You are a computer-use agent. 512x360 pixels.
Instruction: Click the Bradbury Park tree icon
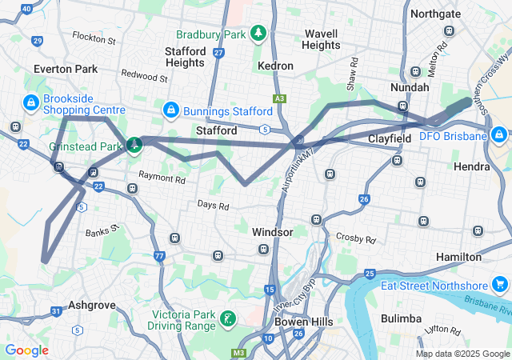(x=258, y=33)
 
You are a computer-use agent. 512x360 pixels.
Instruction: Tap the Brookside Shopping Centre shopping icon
(x=30, y=102)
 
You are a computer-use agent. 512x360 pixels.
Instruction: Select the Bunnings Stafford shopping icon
(x=170, y=108)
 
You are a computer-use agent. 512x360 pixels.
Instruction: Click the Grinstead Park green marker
(x=134, y=145)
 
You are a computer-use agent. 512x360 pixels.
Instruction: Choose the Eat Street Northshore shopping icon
(x=499, y=285)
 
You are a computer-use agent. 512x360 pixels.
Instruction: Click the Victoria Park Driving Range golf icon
(x=230, y=319)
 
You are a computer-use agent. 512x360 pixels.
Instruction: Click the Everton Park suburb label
(x=66, y=69)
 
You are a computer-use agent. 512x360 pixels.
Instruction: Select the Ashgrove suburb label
(x=92, y=305)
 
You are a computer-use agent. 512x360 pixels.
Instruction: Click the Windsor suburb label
(x=272, y=231)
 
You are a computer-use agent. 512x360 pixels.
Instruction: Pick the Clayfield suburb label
(x=390, y=138)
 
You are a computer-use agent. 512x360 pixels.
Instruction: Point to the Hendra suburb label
(x=471, y=166)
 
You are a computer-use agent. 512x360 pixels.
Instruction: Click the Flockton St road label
(x=94, y=38)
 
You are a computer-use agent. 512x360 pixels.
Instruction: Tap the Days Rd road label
(x=214, y=206)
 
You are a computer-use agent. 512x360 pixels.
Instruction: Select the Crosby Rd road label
(x=356, y=238)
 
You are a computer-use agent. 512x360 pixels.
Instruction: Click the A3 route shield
(x=278, y=98)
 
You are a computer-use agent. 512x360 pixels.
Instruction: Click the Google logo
(x=26, y=350)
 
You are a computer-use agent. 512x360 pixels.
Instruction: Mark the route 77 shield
(x=159, y=256)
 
